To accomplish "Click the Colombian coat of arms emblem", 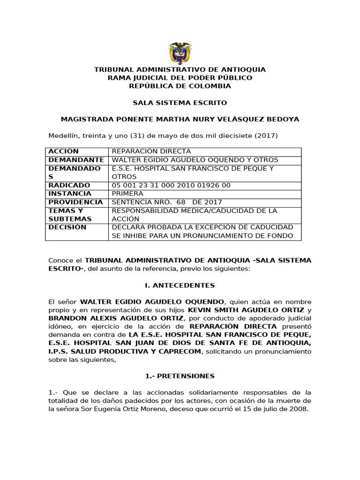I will pos(180,52).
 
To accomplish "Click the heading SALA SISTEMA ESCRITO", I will pos(180,103).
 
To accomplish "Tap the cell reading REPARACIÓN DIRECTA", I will pos(151,151).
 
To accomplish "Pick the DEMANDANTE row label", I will pos(76,160).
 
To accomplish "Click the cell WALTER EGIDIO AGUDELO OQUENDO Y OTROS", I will pos(195,160).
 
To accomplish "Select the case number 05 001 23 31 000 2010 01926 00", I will pos(171,185).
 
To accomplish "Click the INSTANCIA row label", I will pos(70,194).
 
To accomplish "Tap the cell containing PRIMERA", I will pos(127,194).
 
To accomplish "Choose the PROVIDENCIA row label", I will pos(75,202).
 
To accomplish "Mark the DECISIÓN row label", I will pos(67,227).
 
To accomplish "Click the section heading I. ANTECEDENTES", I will pos(180,285).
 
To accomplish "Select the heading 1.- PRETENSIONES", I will pos(180,376).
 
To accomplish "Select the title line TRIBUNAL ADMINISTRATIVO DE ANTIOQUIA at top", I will pos(180,69).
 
